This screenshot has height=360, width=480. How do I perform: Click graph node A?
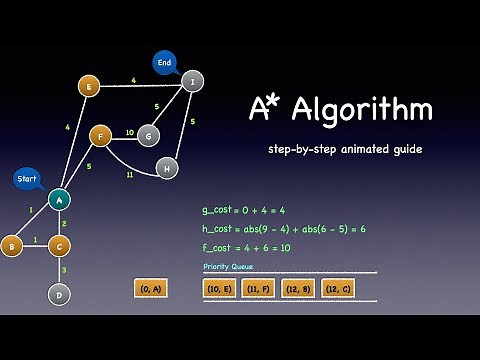pyautogui.click(x=59, y=200)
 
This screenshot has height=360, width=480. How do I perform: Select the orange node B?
pyautogui.click(x=12, y=245)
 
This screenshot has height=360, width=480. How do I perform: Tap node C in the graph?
pyautogui.click(x=59, y=245)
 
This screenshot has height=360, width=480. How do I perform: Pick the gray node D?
pyautogui.click(x=59, y=294)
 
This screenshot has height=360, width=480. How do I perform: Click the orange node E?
pyautogui.click(x=89, y=87)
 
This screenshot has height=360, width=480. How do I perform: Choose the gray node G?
pyautogui.click(x=148, y=135)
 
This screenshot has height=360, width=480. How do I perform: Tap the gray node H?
pyautogui.click(x=167, y=168)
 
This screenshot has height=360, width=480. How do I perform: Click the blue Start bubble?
pyautogui.click(x=27, y=180)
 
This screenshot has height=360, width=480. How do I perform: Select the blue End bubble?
pyautogui.click(x=165, y=63)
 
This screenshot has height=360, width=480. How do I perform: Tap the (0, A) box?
pyautogui.click(x=151, y=288)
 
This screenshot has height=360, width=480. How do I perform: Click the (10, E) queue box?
pyautogui.click(x=219, y=288)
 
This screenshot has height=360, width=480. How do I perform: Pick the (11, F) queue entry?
pyautogui.click(x=258, y=288)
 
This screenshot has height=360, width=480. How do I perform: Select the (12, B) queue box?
pyautogui.click(x=298, y=288)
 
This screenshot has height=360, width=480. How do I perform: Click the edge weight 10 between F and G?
pyautogui.click(x=129, y=131)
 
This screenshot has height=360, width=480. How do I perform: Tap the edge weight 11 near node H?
pyautogui.click(x=130, y=174)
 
